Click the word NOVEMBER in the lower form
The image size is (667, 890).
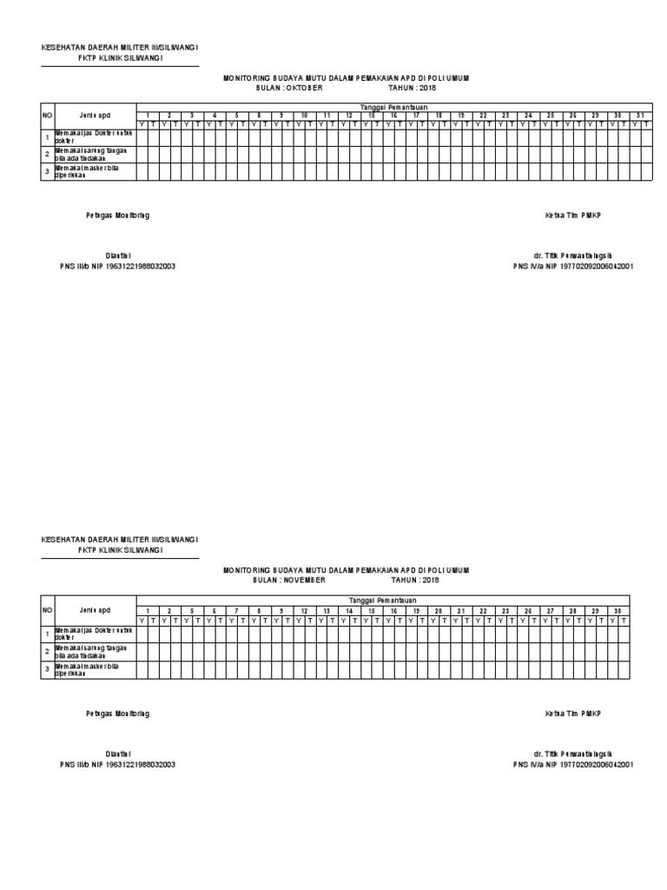[305, 579]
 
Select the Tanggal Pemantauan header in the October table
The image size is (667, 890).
[393, 105]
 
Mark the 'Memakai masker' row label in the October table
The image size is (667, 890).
[92, 170]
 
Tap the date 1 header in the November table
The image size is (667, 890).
[148, 610]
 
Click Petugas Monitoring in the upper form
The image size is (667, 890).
[117, 216]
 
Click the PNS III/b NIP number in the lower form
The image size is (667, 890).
[117, 764]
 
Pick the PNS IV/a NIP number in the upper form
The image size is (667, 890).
[572, 267]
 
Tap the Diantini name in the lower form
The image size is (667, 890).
[117, 754]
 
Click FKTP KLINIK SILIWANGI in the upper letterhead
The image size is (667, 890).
[120, 57]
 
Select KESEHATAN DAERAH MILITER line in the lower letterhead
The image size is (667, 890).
[120, 539]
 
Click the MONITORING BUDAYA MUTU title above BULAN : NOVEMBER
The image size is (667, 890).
[346, 569]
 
